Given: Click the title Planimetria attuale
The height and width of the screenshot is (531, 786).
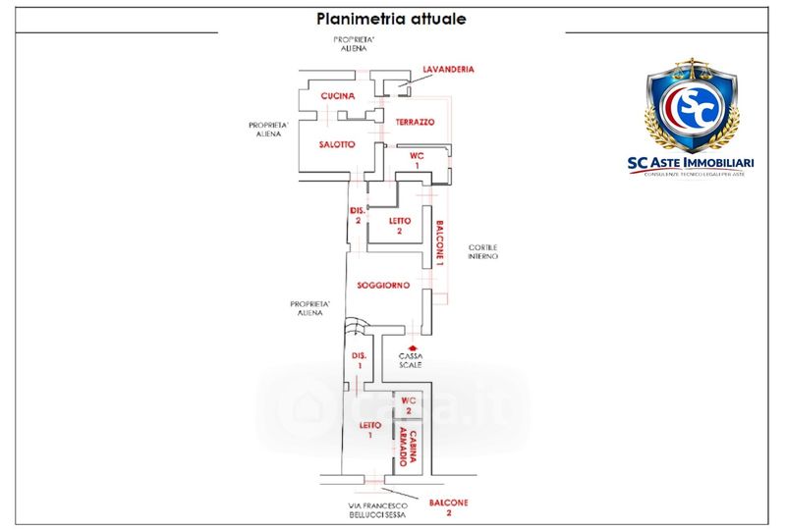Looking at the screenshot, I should [391, 19].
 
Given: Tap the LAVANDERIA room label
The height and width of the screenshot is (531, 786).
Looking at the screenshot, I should [449, 70].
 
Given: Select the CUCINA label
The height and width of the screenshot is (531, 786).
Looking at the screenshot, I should [337, 95].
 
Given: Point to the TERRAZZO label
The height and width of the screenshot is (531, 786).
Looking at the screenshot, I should [415, 122].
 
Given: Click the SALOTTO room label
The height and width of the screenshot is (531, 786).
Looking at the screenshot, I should [337, 144].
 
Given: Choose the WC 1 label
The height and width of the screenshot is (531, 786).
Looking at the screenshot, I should [416, 160].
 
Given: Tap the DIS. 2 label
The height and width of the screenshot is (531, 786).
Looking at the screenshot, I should [358, 215].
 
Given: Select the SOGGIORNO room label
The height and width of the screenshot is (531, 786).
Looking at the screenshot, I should [383, 285].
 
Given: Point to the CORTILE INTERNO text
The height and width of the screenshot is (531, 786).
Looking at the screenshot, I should [482, 250].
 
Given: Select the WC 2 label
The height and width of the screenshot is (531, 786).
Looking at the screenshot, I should [414, 405].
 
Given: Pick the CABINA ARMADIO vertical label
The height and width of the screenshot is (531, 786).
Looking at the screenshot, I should [416, 449].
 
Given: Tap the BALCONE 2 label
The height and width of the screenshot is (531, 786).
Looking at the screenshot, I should [448, 507].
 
